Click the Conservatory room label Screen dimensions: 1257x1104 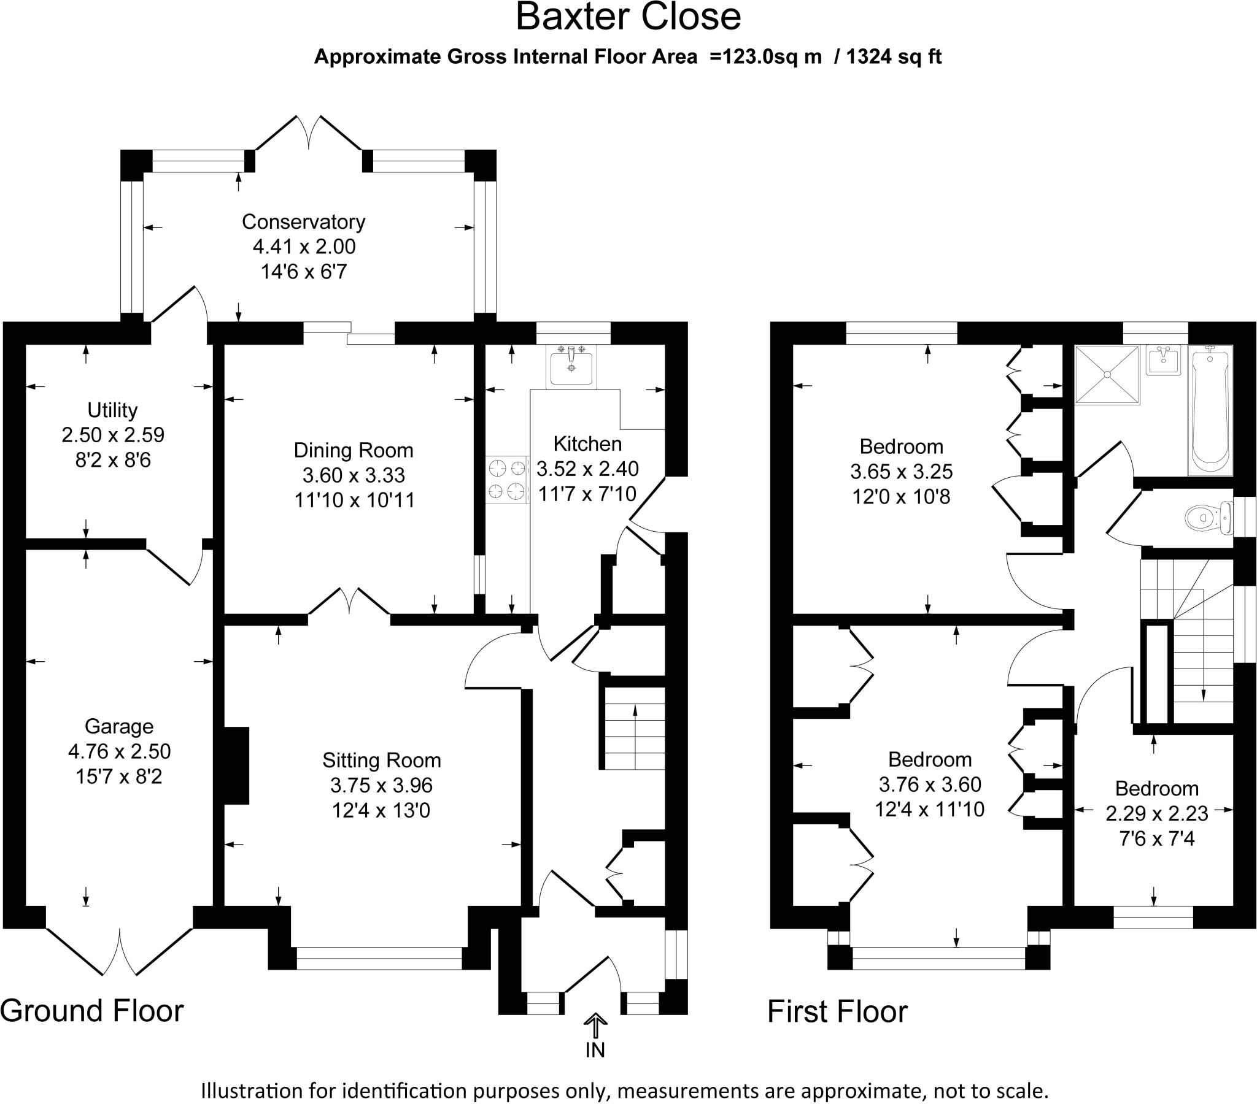(x=303, y=222)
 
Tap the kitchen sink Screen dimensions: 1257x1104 (x=571, y=366)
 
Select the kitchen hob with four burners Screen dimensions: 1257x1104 (x=508, y=480)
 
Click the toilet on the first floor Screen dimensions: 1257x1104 (x=1209, y=518)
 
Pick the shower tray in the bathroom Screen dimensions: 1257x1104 (x=1107, y=374)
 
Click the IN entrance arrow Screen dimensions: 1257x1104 (x=595, y=1027)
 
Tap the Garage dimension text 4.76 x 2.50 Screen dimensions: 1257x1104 (x=119, y=751)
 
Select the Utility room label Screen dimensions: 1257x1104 (x=112, y=410)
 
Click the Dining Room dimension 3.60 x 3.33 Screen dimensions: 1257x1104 (x=354, y=475)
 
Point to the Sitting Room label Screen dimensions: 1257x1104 (x=382, y=761)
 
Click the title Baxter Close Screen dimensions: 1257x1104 (x=628, y=17)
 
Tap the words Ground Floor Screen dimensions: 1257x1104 (x=91, y=1011)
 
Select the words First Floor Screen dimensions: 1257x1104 (x=838, y=1012)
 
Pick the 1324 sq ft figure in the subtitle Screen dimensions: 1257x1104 (x=894, y=56)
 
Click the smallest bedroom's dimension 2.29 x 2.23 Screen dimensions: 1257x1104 (x=1157, y=813)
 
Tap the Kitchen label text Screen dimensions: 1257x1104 (x=587, y=444)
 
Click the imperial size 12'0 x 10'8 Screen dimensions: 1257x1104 (x=901, y=497)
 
